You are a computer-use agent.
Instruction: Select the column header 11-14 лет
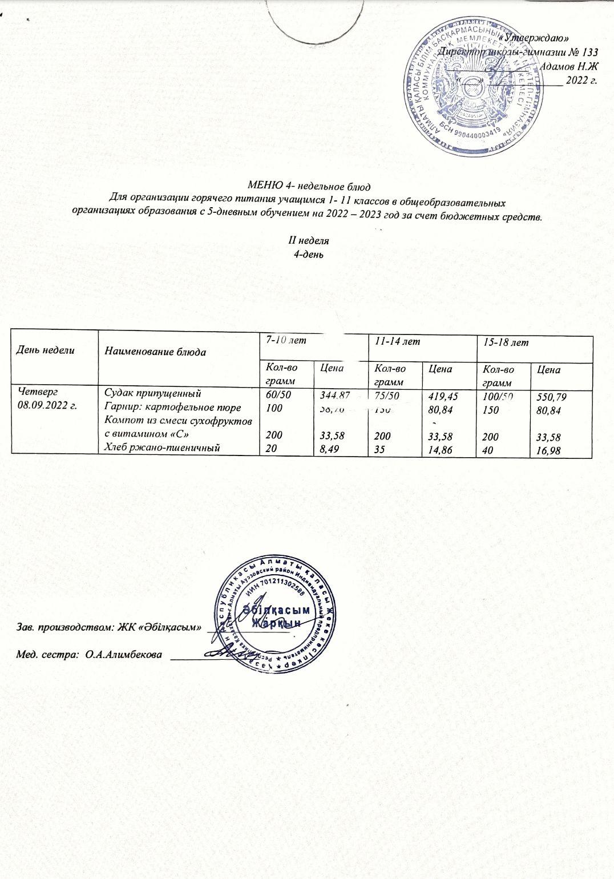coord(394,341)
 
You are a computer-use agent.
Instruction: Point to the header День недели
coord(45,350)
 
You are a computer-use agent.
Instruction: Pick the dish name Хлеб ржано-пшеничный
coord(161,448)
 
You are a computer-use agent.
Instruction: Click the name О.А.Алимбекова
coord(123,655)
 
